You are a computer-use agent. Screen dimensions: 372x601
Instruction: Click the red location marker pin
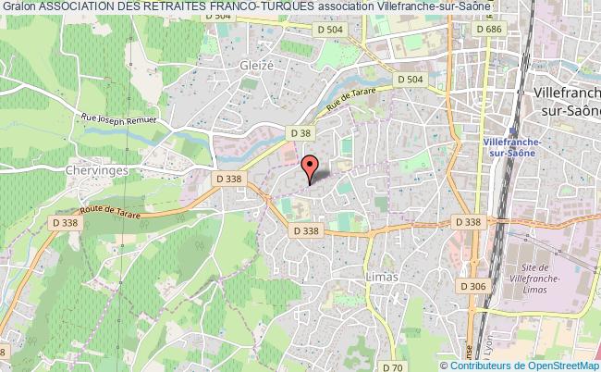click(x=311, y=167)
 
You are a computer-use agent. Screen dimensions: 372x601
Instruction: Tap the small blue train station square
click(x=509, y=130)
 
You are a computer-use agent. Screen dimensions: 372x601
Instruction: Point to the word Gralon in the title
click(x=18, y=6)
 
